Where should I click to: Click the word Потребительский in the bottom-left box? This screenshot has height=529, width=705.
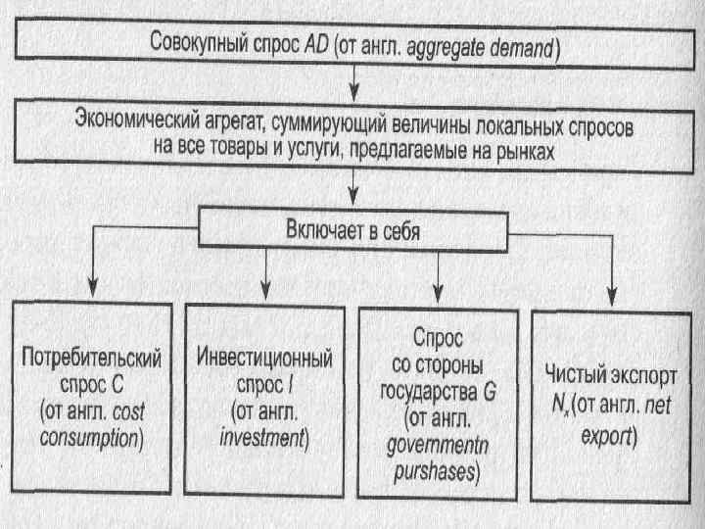coord(91,355)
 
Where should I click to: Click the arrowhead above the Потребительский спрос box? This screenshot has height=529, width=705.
coord(91,293)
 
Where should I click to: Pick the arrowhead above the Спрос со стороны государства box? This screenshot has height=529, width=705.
coord(438,293)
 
